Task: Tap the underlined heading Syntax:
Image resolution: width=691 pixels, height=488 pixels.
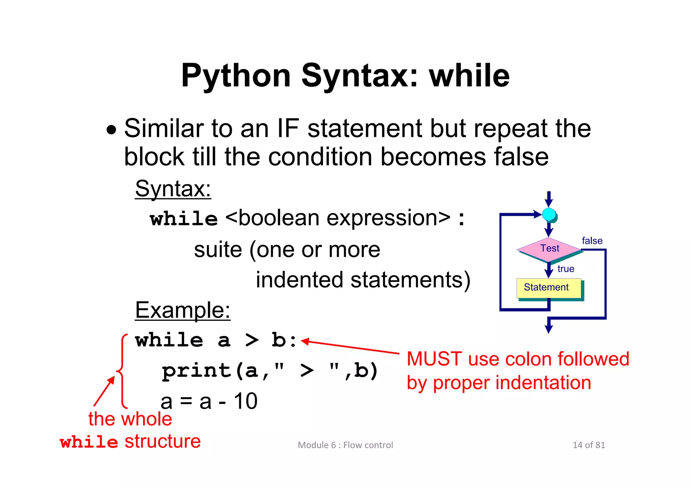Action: pos(173,189)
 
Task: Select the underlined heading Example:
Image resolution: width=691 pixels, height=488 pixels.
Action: pos(183,310)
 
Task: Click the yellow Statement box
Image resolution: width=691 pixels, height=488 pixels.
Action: pos(549,288)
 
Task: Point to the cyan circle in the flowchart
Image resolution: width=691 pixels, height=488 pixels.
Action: pos(549,214)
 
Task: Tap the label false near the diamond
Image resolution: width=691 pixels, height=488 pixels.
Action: pos(592,241)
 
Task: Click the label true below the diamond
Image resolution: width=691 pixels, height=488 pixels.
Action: pos(566,269)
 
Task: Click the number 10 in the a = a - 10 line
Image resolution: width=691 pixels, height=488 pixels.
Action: pos(246,401)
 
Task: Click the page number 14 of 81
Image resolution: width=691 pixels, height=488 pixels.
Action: pos(589,445)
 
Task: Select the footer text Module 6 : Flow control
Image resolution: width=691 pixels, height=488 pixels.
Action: pos(345,445)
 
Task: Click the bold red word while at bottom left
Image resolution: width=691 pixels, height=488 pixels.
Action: pos(89,442)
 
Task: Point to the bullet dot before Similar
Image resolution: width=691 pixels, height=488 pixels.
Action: pos(111,130)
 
